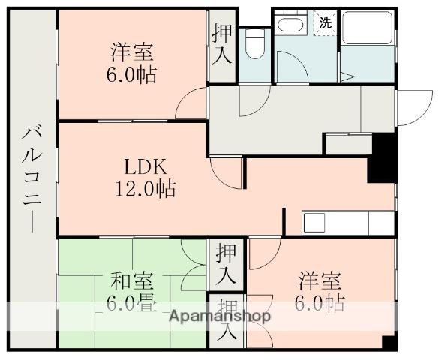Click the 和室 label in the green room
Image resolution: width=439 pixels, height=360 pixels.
click(133, 283)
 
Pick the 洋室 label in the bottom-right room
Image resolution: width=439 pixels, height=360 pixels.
click(320, 283)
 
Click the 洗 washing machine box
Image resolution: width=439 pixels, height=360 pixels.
click(325, 22)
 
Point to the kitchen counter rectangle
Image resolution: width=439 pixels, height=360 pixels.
click(347, 223)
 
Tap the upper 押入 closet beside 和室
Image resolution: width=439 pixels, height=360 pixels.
click(226, 262)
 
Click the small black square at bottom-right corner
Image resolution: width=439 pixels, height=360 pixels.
click(388, 343)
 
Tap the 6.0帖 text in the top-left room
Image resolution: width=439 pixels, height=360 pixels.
click(135, 75)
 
